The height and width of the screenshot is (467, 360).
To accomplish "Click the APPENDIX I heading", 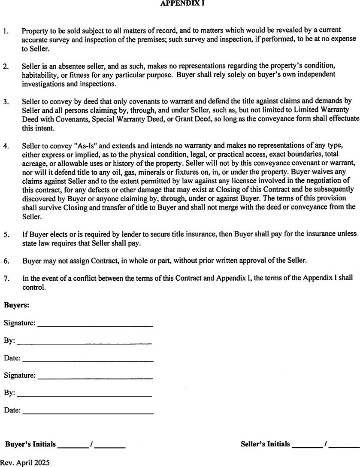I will [x=179, y=3].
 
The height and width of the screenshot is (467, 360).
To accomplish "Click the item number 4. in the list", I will [x=6, y=146].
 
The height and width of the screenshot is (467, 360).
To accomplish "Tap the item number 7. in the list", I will [x=6, y=279].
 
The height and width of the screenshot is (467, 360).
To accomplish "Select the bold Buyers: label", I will [x=17, y=306].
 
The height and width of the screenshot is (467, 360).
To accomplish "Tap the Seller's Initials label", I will [x=265, y=444].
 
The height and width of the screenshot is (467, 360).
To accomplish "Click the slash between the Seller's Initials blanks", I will [x=327, y=444].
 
